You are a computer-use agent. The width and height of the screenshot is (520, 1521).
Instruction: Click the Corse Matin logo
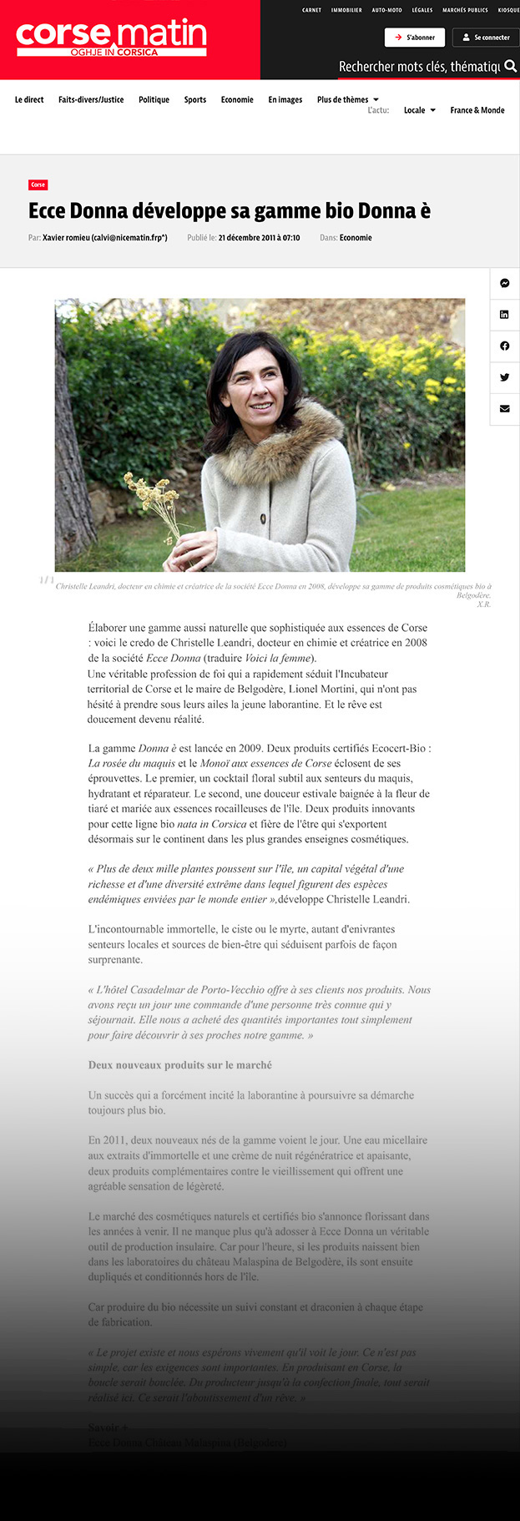(111, 38)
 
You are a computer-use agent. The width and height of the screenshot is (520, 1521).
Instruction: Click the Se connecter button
(486, 38)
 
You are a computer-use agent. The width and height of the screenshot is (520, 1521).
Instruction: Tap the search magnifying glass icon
(510, 66)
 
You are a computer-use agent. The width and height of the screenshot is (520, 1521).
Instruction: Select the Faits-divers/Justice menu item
(91, 100)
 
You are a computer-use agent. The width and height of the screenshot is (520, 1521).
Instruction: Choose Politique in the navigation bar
(154, 100)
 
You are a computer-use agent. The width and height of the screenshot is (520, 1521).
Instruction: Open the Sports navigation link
(195, 100)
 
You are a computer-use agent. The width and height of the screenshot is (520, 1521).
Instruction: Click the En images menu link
(285, 100)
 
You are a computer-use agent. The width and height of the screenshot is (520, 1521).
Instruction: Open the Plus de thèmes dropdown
(347, 100)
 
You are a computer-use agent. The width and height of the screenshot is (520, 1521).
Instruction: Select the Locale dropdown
(419, 110)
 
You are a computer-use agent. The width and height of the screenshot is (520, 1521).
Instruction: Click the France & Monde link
(477, 110)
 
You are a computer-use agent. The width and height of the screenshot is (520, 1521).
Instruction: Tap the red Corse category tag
(38, 184)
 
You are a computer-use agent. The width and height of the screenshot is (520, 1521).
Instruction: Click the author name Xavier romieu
(104, 238)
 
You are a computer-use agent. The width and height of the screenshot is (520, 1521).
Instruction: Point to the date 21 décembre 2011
(259, 238)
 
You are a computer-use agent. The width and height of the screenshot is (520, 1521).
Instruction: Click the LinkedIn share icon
(505, 315)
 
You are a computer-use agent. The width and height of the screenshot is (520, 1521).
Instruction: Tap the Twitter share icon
(505, 377)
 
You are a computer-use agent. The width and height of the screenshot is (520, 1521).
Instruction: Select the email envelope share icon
(505, 409)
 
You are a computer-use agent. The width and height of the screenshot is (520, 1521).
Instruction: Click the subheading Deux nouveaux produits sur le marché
(179, 1065)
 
